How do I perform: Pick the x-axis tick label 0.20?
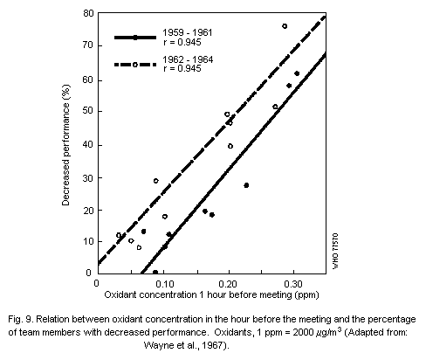pos(229,285)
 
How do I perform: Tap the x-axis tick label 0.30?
pos(293,285)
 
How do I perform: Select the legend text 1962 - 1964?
pos(190,59)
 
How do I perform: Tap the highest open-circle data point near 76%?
pos(285,26)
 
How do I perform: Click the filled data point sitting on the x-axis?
pos(155,272)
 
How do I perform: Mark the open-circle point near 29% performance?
pos(156,181)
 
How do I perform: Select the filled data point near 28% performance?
pos(246,185)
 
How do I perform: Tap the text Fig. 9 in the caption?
pos(19,320)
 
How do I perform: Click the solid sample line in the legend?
pos(135,38)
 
